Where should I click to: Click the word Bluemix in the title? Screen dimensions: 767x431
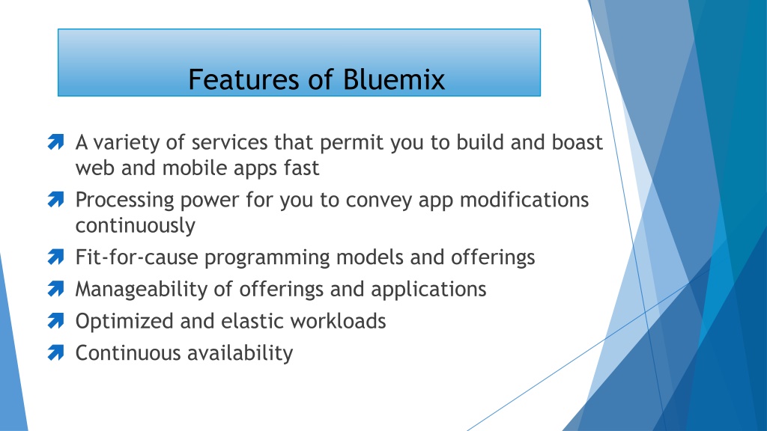(394, 79)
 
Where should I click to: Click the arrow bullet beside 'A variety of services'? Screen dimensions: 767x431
(55, 141)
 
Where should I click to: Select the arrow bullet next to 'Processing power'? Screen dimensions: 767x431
(55, 199)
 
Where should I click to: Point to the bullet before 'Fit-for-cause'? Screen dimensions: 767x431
(55, 257)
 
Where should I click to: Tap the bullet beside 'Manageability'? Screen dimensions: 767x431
(55, 289)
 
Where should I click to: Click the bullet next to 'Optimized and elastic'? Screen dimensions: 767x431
(55, 321)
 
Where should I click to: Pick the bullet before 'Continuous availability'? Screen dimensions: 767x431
(55, 353)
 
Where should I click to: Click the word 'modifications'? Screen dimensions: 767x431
(524, 200)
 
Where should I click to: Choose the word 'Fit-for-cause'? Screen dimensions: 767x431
(136, 257)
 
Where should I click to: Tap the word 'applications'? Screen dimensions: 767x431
(428, 290)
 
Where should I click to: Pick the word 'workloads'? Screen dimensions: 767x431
(338, 322)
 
